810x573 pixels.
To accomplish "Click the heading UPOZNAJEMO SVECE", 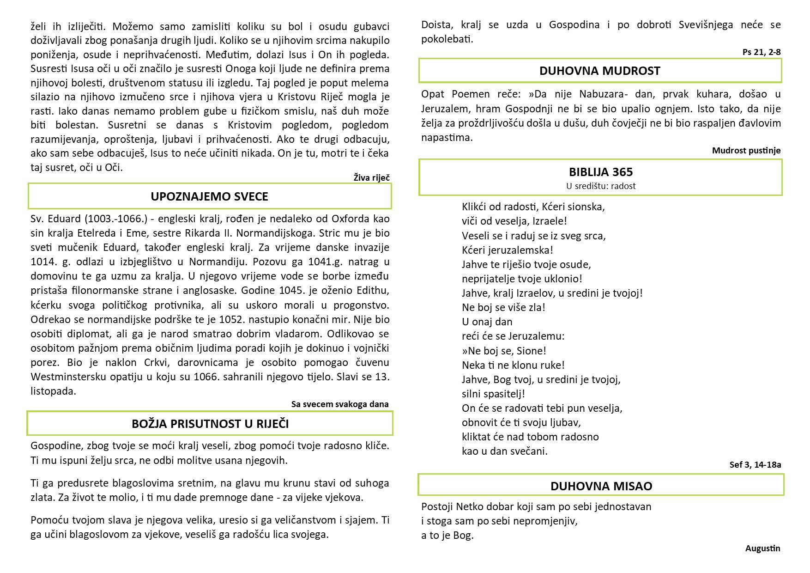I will pos(209,196).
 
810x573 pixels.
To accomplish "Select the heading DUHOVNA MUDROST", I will pos(599,71).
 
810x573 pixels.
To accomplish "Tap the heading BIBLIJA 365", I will pos(600,172).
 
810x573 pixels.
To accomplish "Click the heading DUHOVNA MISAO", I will pos(601,486).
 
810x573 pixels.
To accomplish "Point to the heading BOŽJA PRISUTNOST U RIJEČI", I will pos(210,424).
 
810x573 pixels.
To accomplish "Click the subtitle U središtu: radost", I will pos(600,186).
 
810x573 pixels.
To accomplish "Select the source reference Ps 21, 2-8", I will pos(761,52).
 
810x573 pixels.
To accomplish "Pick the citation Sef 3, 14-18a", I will pos(755,464).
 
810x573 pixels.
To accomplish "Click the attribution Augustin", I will pos(762,549).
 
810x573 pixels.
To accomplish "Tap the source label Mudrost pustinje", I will pos(746,150).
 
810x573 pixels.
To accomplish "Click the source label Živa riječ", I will pos(371,177).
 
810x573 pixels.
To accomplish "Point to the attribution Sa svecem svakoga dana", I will pos(339,404).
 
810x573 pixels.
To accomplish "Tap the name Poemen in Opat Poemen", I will pos(471,94).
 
